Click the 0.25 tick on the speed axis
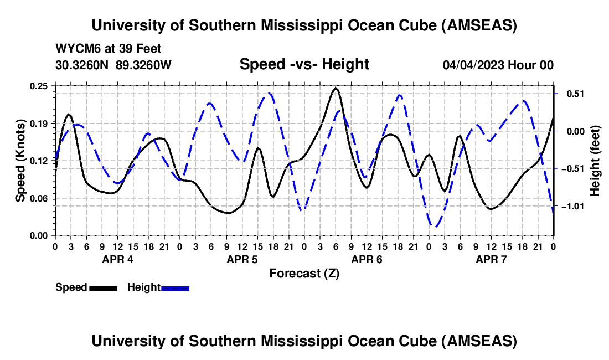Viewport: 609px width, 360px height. point(40,86)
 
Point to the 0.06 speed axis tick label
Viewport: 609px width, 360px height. point(40,198)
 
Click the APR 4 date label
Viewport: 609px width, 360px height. point(117,259)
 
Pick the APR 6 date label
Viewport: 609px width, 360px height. point(367,259)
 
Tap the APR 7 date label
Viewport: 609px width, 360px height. point(491,259)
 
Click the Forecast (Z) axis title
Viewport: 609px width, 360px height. point(304,273)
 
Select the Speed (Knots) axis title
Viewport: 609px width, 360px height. point(20,161)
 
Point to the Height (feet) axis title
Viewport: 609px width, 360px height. point(595,161)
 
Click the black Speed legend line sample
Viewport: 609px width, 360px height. point(103,288)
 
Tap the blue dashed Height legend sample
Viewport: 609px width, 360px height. point(175,288)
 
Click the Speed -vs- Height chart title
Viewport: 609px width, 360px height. point(304,64)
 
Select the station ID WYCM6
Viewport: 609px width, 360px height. point(74,49)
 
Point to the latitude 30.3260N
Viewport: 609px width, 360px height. point(83,65)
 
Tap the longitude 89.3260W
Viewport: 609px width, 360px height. point(144,65)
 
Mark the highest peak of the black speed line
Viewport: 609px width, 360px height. point(336,88)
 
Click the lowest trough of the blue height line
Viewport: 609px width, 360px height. point(436,227)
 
